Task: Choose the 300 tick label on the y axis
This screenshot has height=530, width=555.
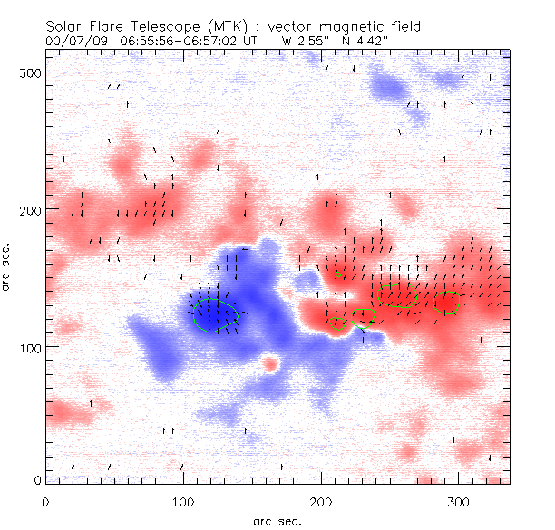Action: click(x=30, y=72)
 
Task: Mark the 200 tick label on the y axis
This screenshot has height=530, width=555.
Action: click(x=30, y=210)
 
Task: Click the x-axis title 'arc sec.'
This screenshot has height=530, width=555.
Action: click(x=277, y=520)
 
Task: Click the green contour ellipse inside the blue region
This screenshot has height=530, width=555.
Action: click(x=216, y=315)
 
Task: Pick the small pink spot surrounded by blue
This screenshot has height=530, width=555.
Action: click(x=269, y=364)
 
